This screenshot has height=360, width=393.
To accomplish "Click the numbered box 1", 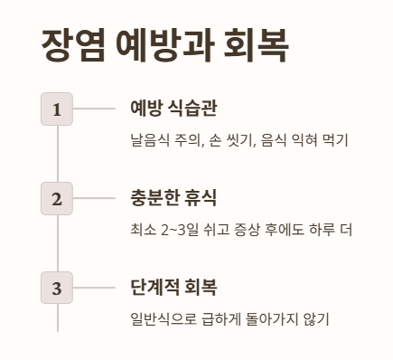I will [57, 109].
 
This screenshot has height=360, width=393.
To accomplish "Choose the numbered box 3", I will [57, 289].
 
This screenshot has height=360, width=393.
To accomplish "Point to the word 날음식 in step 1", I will [149, 139].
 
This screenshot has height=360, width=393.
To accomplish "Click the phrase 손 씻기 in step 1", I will [229, 139].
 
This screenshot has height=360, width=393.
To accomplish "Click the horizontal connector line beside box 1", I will [94, 109].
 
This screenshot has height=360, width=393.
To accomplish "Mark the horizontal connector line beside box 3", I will [94, 289].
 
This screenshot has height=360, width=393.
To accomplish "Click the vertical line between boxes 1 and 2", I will [57, 154].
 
